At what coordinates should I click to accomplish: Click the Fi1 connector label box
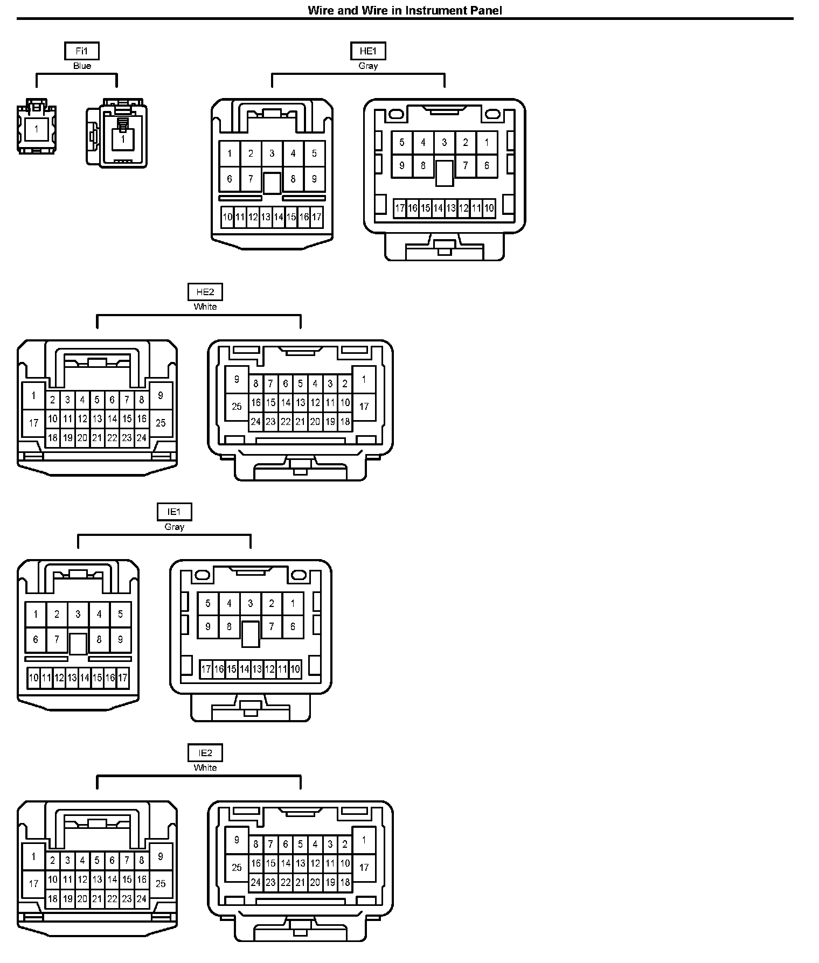[82, 51]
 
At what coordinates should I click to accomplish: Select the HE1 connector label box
[368, 51]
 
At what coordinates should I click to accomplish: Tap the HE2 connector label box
[205, 292]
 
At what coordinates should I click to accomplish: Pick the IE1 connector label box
[174, 512]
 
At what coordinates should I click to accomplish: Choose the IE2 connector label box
[205, 753]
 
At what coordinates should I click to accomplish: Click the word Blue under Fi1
[82, 66]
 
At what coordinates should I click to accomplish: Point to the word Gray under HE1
[368, 66]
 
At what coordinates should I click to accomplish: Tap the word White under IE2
[205, 767]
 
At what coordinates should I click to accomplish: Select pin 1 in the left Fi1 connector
[37, 129]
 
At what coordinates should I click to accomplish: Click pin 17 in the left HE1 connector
[317, 217]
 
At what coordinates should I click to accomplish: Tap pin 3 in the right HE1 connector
[445, 143]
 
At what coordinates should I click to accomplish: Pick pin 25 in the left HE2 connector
[161, 423]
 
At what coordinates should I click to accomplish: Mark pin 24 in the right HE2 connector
[256, 422]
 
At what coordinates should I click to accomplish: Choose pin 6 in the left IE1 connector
[36, 640]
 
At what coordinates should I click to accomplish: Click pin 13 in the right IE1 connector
[257, 669]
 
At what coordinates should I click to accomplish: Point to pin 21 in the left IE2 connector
[97, 898]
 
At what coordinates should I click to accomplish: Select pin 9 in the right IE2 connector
[237, 840]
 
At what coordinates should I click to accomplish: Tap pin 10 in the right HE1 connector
[489, 208]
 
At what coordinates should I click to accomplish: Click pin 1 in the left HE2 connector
[33, 396]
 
